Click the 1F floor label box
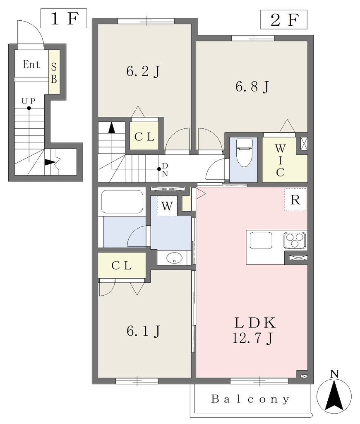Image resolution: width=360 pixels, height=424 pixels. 64,18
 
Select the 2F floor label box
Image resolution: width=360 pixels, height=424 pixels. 284,19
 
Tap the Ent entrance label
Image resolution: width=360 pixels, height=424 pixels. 31,65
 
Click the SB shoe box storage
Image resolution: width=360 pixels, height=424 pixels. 54,72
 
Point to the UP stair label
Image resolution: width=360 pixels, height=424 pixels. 29,101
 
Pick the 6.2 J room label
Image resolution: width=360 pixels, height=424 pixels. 143,72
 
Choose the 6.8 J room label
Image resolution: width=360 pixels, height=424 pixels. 252,87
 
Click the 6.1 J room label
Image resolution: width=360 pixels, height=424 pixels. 144,331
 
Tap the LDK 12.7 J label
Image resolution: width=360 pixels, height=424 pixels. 254,330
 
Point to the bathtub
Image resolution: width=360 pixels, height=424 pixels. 122,202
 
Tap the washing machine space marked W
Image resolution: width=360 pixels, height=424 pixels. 167,206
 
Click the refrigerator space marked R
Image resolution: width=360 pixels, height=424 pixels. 295,200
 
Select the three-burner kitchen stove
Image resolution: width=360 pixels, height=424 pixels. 295,240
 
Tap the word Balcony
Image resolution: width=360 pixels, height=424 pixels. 250,399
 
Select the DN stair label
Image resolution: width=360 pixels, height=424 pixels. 165,170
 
